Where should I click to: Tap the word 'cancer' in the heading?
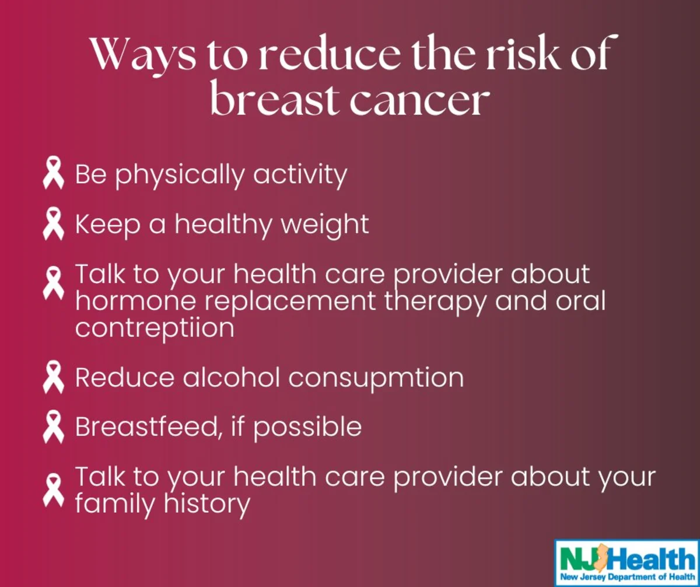[x=419, y=100]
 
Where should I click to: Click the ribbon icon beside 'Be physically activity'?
[x=53, y=173]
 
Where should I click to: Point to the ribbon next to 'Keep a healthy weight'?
[x=53, y=223]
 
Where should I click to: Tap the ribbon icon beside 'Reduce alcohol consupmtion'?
[x=53, y=377]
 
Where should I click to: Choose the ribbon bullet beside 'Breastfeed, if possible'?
[x=53, y=427]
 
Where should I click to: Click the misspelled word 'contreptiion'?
[x=155, y=329]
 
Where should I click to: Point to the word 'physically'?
[x=180, y=175]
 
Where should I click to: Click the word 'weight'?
[x=325, y=225]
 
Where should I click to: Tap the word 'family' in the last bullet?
[x=116, y=505]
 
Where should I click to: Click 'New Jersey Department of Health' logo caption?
[x=628, y=577]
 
